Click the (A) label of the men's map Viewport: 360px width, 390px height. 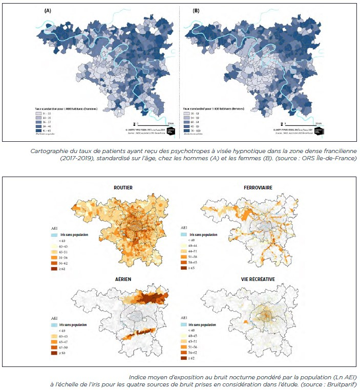coord(48,10)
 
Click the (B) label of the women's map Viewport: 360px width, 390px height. coord(196,10)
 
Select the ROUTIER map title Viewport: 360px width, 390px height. coord(123,188)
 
